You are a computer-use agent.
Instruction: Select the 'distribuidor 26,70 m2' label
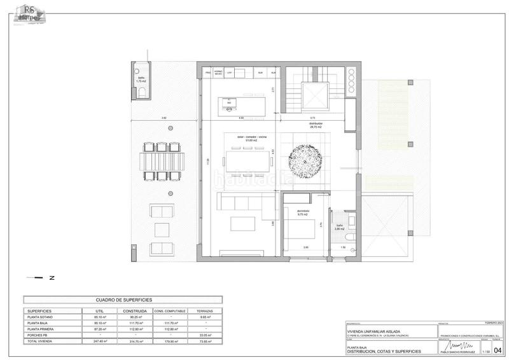pyautogui.click(x=315, y=125)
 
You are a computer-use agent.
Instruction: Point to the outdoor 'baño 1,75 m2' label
pyautogui.click(x=141, y=80)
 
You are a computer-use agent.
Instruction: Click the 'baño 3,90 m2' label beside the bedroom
pyautogui.click(x=340, y=226)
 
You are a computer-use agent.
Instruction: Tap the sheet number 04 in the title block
pyautogui.click(x=498, y=349)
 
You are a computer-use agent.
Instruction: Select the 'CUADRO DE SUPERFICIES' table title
pyautogui.click(x=123, y=299)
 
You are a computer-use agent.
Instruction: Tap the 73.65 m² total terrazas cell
pyautogui.click(x=206, y=342)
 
